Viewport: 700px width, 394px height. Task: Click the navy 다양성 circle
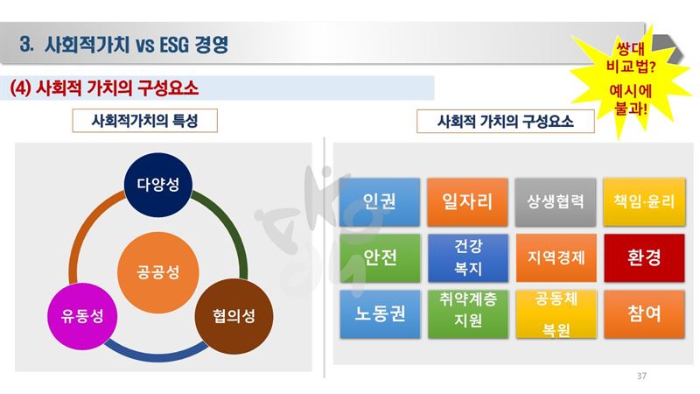(158, 185)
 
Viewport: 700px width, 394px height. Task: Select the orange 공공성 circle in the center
(158, 272)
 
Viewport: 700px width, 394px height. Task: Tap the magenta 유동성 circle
(82, 316)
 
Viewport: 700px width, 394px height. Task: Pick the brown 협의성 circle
(234, 316)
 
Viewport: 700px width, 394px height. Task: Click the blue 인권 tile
(380, 202)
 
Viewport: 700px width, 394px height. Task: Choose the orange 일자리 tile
(467, 202)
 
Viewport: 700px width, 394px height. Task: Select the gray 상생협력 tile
(556, 202)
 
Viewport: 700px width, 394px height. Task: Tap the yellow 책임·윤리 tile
(644, 202)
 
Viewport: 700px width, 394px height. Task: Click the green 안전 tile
(380, 257)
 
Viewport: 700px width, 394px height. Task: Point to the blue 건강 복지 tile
(467, 257)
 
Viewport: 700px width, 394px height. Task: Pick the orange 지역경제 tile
(556, 257)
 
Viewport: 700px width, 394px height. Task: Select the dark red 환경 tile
(644, 257)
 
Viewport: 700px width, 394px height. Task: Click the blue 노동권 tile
(380, 314)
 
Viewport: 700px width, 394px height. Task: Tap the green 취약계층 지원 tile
(467, 314)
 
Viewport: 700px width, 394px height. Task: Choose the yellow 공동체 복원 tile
(556, 314)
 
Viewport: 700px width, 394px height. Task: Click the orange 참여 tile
(644, 314)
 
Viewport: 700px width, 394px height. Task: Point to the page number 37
(641, 376)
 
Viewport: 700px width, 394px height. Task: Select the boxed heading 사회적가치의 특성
(144, 121)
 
